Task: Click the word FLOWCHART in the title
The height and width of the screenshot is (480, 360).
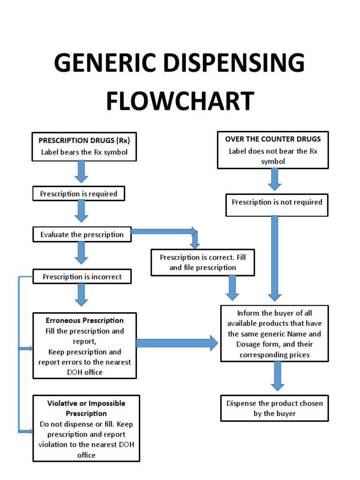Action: [180, 101]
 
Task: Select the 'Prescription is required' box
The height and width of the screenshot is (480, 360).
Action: [79, 194]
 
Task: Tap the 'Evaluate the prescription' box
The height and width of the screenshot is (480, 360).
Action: [82, 234]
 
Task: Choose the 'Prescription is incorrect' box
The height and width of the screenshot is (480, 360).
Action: [82, 277]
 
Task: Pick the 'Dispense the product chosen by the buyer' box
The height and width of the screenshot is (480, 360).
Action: [275, 408]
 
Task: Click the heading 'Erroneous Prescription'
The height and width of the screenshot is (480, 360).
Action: [85, 321]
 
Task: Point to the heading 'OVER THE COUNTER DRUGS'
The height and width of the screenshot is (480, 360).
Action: [273, 139]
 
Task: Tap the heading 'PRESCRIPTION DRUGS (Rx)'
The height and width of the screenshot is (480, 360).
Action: [84, 140]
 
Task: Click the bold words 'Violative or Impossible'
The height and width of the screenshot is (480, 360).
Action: [86, 403]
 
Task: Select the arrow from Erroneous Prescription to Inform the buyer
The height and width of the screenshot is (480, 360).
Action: [177, 343]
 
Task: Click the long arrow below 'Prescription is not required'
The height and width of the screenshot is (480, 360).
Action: [275, 258]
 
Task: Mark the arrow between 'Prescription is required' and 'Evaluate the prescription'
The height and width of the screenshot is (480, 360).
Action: [82, 211]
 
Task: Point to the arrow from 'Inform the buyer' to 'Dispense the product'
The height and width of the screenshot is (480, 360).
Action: [277, 376]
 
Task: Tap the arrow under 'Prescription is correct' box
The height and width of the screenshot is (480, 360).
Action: [232, 287]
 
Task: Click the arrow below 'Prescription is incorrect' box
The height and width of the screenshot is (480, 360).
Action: [82, 295]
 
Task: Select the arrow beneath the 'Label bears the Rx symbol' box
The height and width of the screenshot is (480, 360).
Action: [82, 171]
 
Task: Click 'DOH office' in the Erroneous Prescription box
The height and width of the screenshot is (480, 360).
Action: [84, 372]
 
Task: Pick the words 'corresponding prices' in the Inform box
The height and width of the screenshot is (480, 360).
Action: [275, 355]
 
